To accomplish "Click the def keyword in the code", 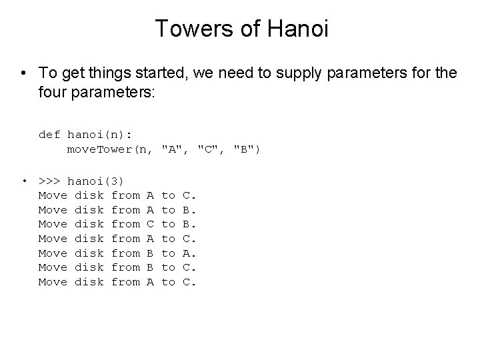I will [49, 135].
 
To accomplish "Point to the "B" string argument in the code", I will [247, 149].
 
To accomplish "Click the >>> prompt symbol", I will [49, 181].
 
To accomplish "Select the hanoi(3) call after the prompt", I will [96, 181].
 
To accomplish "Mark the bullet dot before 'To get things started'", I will [24, 73].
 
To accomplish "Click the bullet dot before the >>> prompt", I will [24, 181].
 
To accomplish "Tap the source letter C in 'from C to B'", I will [150, 224].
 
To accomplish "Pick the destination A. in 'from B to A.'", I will [189, 253].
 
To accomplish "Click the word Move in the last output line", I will [53, 282].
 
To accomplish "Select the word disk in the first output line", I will [89, 195].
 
